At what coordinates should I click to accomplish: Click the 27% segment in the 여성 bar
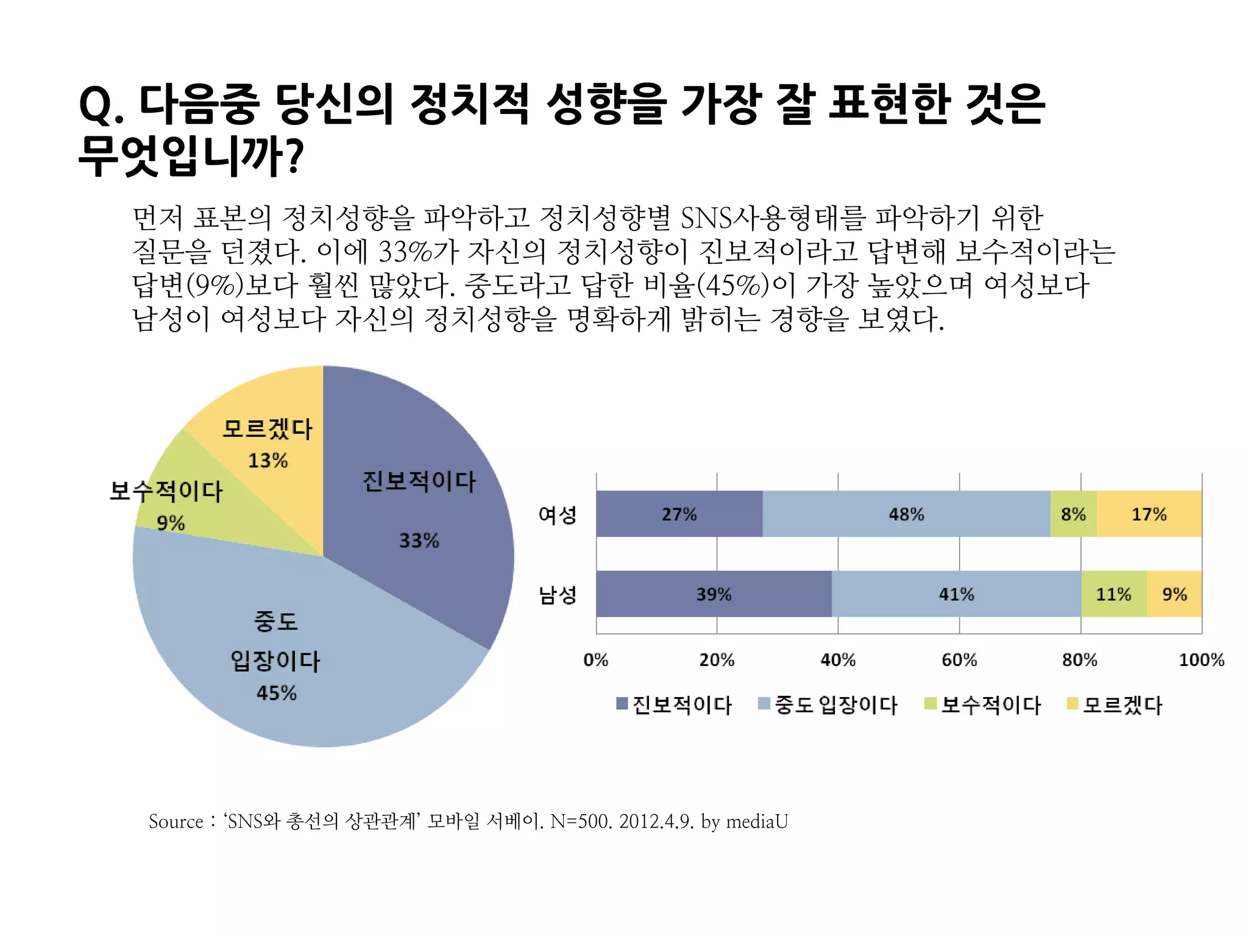click(679, 514)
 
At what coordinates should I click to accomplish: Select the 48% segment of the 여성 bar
click(906, 514)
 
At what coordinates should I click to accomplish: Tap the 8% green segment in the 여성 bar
click(1073, 514)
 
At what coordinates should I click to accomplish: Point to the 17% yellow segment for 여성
click(1149, 514)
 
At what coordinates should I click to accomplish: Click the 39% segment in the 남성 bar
click(714, 594)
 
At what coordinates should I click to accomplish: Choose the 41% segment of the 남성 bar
click(956, 594)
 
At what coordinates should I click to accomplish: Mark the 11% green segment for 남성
click(1113, 594)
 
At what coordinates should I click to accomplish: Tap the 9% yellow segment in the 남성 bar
click(1174, 594)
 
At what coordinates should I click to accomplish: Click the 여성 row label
click(557, 515)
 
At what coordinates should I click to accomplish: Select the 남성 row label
click(557, 595)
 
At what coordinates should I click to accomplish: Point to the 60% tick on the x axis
click(959, 660)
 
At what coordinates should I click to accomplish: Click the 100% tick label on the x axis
click(1201, 660)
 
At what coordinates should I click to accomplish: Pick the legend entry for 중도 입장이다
click(829, 705)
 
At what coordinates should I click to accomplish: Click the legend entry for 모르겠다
click(1115, 705)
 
